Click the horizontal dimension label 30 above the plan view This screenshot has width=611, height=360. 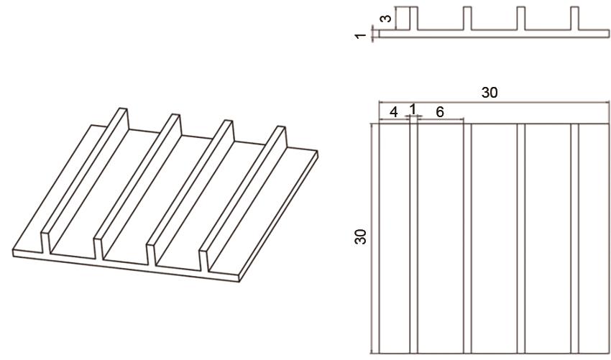490,93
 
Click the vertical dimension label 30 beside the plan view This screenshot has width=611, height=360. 360,236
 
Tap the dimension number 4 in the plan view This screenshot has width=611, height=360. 394,112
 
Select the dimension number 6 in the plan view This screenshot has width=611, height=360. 439,112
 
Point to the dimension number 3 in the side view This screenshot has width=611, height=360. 386,18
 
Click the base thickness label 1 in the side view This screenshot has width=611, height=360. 361,36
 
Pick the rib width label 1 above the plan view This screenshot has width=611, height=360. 413,109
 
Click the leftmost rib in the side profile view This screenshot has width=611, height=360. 413,18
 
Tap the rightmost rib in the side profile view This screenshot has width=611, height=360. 575,18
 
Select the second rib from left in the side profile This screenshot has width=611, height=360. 467,18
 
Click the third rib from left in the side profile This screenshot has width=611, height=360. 521,18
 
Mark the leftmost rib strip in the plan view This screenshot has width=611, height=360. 413,239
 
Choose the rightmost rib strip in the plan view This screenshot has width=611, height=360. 575,239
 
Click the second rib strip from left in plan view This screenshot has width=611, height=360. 467,239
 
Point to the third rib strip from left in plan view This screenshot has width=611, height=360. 521,239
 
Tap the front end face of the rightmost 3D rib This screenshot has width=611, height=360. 204,260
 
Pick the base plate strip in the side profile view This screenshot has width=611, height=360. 494,34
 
